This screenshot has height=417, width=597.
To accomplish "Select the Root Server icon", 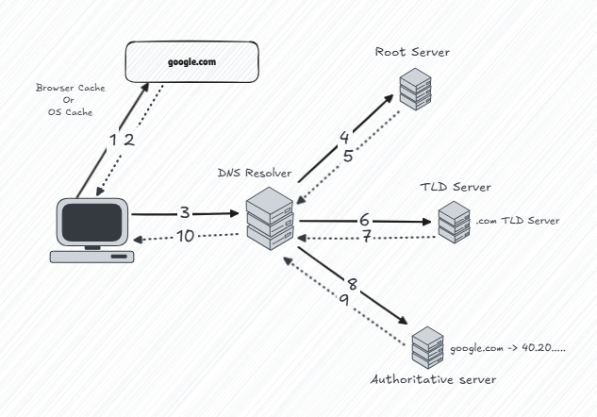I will [x=413, y=89].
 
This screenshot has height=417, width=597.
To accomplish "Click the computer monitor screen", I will [x=92, y=222].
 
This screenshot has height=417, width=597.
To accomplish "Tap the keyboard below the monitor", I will [x=93, y=256].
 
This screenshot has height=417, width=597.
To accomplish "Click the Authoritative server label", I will [x=433, y=378].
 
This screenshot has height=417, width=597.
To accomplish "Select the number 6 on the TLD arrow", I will [x=363, y=220].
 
